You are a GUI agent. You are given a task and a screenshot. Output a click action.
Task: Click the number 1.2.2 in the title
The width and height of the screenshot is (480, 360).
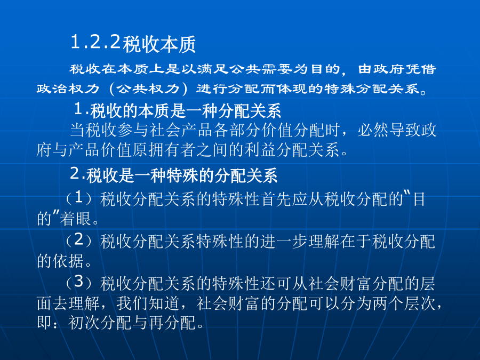(x=96, y=42)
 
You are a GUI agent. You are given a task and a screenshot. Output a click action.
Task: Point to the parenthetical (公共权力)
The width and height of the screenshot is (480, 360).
(x=148, y=89)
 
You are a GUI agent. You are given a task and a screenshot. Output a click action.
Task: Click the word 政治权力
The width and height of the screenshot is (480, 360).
(x=68, y=89)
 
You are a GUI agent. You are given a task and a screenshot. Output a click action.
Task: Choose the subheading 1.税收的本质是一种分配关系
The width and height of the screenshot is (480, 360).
(x=178, y=110)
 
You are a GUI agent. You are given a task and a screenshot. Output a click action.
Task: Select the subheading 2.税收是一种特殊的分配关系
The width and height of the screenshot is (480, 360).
(x=174, y=175)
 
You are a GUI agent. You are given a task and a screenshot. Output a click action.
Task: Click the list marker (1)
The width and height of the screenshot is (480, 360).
(x=79, y=198)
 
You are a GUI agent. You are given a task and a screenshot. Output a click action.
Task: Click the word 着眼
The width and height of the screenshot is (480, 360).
(x=75, y=219)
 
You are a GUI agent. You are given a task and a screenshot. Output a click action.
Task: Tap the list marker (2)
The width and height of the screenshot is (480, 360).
(x=79, y=241)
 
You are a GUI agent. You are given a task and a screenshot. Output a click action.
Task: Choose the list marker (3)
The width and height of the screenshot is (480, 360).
(x=79, y=282)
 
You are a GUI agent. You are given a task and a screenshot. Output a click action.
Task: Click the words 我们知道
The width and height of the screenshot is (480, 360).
(x=148, y=303)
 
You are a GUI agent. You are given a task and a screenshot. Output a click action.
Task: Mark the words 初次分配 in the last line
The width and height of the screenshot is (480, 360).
(x=100, y=323)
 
